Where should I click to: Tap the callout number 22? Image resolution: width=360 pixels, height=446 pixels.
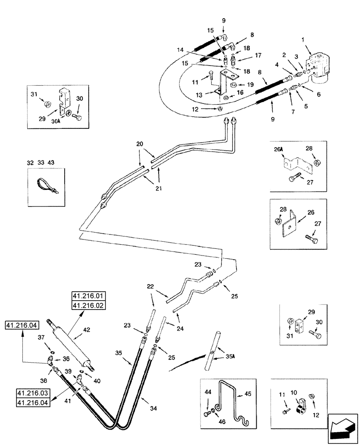(x=150, y=286)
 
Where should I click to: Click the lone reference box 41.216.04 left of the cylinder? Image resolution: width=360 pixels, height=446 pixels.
(x=20, y=326)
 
